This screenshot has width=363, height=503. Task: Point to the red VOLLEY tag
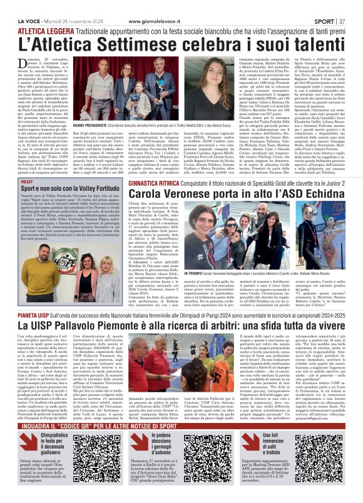26,181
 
